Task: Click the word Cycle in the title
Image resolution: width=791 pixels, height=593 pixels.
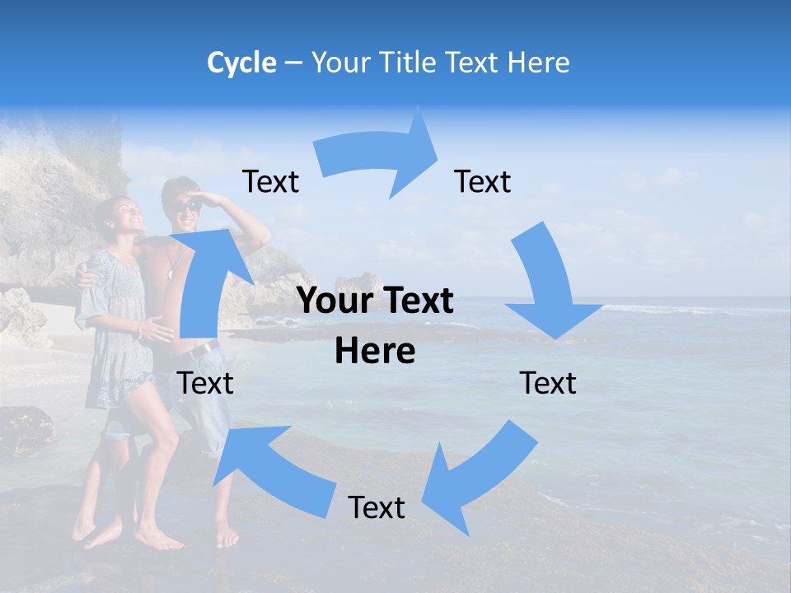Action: (x=241, y=63)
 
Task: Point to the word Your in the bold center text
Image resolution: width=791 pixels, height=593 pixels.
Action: (x=335, y=301)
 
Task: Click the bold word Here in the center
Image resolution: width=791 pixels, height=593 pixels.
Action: (x=375, y=352)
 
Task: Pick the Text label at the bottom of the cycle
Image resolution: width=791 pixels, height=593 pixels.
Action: (x=377, y=507)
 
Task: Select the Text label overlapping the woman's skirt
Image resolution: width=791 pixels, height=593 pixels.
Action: (x=206, y=383)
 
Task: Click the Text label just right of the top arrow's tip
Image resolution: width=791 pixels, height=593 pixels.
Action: (x=483, y=181)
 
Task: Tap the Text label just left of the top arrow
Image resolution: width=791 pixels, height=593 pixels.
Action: (x=270, y=181)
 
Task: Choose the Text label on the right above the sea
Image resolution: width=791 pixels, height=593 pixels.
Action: (x=548, y=383)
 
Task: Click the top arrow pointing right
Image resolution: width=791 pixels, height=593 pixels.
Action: (x=379, y=156)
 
